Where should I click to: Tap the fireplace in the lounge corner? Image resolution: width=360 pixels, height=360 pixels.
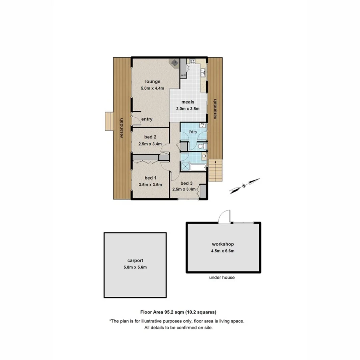174,63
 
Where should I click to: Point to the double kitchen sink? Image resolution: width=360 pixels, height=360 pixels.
203,72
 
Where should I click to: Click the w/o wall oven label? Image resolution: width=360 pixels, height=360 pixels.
184,75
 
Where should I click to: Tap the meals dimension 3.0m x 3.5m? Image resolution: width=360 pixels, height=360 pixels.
187,108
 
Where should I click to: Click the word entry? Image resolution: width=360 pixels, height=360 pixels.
147,119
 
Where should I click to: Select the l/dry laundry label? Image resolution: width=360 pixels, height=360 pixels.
193,132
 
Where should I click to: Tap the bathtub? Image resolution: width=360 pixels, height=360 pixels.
198,168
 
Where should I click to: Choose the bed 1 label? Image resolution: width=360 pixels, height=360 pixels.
150,178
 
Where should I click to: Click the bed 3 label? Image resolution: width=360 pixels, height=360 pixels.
186,183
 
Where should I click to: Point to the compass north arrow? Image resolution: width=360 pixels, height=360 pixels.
244,186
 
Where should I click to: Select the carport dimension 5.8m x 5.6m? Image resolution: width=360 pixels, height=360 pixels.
135,267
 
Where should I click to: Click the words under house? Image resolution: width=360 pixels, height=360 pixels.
222,278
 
